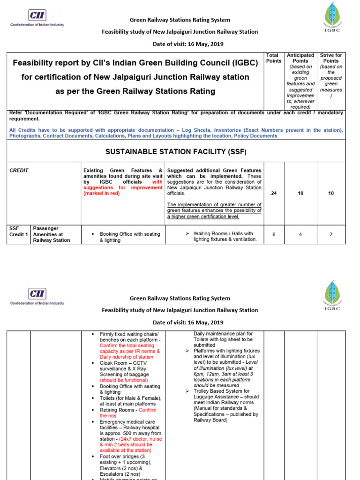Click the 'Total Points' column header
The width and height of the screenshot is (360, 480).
point(274,58)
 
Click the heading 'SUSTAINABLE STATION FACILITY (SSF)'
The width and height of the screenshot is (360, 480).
point(176,152)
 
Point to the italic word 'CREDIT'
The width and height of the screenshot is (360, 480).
point(19,171)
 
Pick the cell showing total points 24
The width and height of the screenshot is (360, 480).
point(274,193)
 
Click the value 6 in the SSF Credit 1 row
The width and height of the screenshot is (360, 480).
point(274,235)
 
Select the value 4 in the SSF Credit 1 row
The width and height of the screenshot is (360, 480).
point(300,235)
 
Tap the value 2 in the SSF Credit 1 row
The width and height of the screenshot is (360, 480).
point(331,235)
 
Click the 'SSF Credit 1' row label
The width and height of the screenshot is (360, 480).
point(19,232)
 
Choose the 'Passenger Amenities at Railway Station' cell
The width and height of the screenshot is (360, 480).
point(52,234)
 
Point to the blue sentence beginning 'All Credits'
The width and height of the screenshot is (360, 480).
point(176,133)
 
